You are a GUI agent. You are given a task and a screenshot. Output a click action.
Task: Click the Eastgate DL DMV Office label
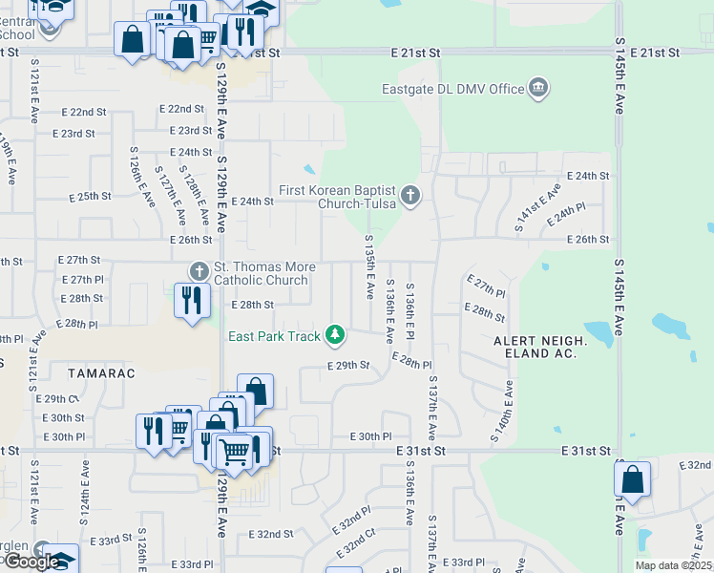[453, 89]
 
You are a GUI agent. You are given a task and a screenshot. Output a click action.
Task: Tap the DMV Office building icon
[538, 89]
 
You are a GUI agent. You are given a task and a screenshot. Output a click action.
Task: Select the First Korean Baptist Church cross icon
[410, 196]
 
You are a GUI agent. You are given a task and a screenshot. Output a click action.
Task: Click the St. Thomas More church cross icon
[199, 272]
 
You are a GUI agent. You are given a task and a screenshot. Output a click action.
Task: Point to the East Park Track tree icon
[334, 334]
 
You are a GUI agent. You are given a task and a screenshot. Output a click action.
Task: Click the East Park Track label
[274, 335]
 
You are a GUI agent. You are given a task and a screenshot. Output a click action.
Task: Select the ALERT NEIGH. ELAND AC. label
[535, 347]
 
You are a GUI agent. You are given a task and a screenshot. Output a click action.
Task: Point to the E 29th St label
[347, 365]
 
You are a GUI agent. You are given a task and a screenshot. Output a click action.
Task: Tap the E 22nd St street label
[180, 111]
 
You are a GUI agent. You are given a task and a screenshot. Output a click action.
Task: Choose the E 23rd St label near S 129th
[190, 131]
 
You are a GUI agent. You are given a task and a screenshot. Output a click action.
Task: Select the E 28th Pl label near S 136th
[411, 365]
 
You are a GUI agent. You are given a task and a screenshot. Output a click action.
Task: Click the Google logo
[31, 562]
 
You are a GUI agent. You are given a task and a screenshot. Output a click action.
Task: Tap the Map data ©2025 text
[673, 565]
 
